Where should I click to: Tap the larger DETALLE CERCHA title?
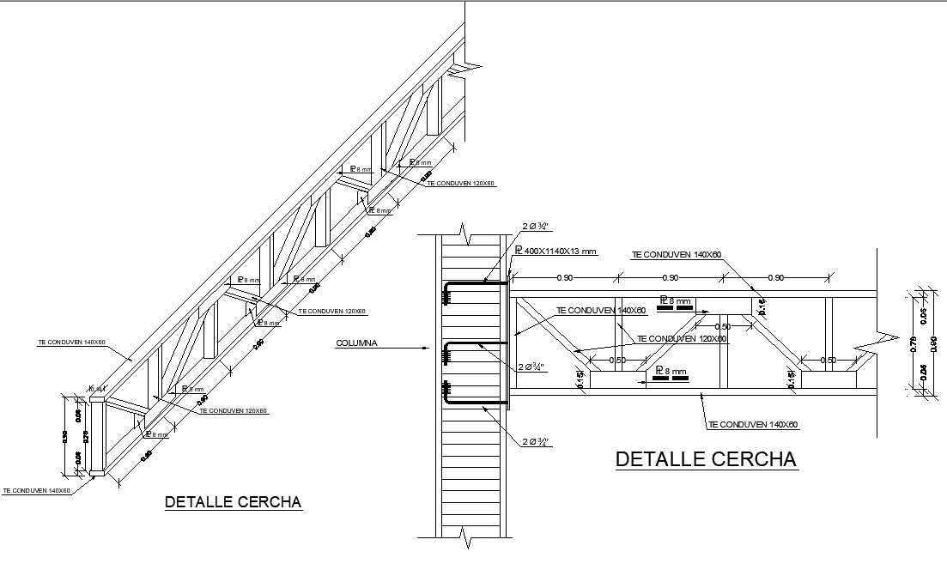pyautogui.click(x=706, y=459)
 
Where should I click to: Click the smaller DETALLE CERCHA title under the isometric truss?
pyautogui.click(x=233, y=502)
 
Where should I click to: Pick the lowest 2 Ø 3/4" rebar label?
pyautogui.click(x=535, y=442)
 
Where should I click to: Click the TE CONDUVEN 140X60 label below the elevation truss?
pyautogui.click(x=753, y=425)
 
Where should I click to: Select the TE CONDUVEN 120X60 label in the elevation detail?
pyautogui.click(x=682, y=338)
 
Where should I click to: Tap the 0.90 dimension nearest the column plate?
pyautogui.click(x=564, y=277)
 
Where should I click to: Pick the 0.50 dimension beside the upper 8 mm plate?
pyautogui.click(x=723, y=327)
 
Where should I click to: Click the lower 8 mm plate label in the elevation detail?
pyautogui.click(x=671, y=373)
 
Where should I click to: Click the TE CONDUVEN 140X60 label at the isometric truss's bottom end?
pyautogui.click(x=36, y=491)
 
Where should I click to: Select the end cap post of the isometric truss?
pyautogui.click(x=96, y=435)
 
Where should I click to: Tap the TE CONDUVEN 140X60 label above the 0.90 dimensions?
pyautogui.click(x=677, y=255)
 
